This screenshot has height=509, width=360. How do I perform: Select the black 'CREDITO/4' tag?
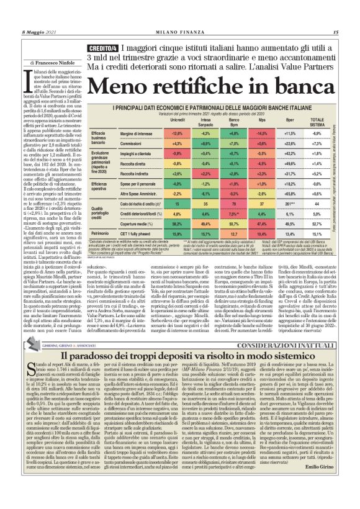coord(103,48)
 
